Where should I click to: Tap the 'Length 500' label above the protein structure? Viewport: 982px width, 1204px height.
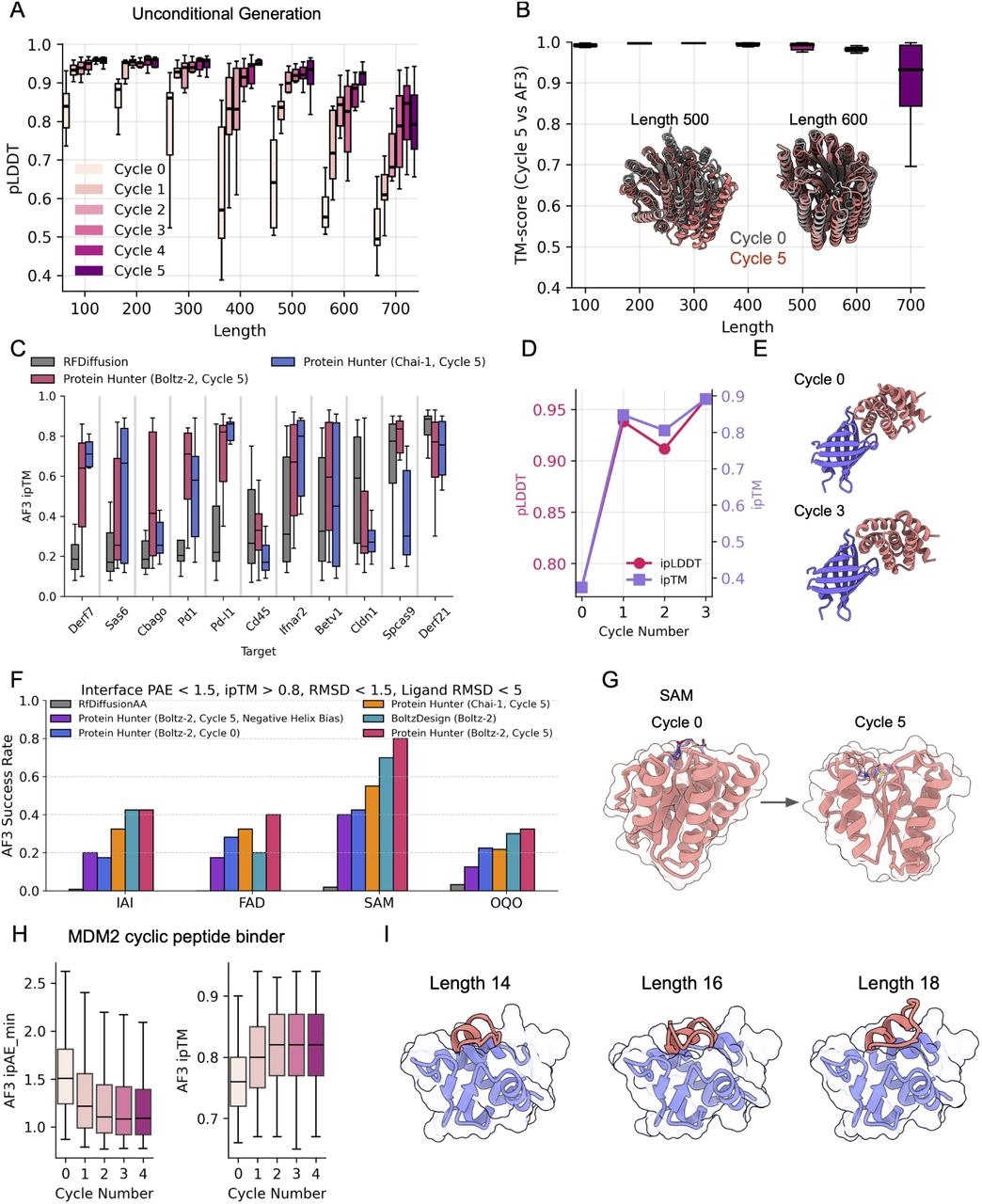670,119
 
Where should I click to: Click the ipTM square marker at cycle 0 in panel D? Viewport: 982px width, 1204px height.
581,588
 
